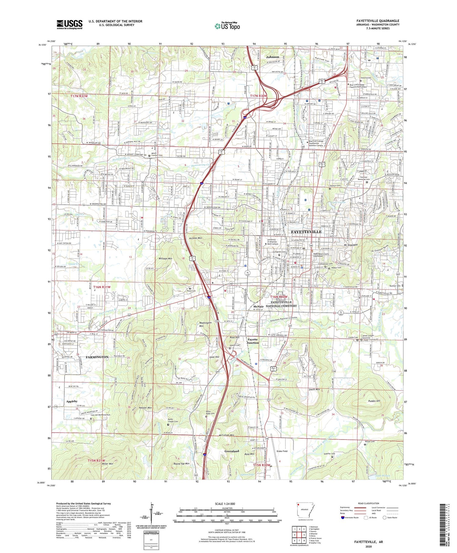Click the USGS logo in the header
pos(69,24)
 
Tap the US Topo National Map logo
pos(227,26)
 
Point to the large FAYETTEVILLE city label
pos(306,232)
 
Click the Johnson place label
pos(272,57)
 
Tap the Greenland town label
pos(232,451)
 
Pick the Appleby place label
pos(72,401)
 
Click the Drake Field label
pos(282,451)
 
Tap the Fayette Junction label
pos(253,341)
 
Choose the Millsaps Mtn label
pos(165,258)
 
